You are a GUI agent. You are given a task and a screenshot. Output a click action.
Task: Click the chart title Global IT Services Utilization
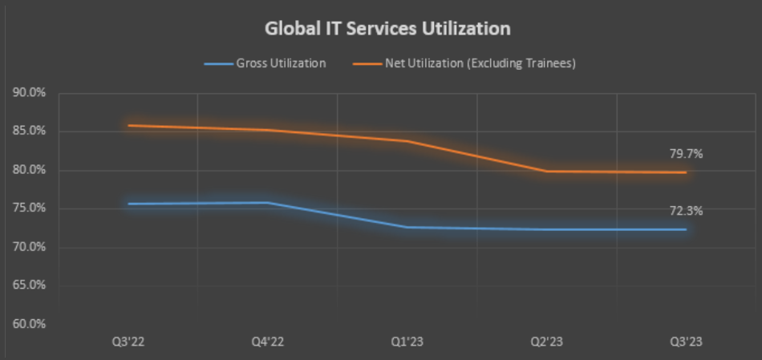[x=387, y=29]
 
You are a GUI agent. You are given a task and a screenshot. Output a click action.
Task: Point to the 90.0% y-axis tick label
[x=29, y=93]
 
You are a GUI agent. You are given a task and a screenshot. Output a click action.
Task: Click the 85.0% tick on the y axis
[x=29, y=131]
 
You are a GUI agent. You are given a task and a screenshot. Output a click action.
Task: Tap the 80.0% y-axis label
[x=29, y=170]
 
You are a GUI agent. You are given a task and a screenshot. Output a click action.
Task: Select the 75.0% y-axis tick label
[x=29, y=208]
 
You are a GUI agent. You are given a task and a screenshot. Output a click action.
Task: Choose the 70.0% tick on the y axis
[x=29, y=247]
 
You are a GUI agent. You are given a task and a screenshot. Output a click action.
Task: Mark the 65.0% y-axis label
[x=29, y=285]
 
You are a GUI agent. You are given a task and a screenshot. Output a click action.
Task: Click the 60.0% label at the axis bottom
[x=29, y=324]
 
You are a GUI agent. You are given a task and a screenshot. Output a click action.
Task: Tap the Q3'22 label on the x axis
[x=128, y=342]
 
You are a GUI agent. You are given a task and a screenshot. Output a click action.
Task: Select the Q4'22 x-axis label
[x=268, y=342]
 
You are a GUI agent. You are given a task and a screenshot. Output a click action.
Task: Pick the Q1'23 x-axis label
[x=407, y=342]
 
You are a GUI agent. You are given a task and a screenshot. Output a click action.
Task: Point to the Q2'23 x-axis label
[x=547, y=342]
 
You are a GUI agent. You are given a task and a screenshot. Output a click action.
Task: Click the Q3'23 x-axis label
[x=687, y=342]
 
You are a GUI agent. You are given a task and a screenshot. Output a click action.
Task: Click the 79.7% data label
[x=686, y=154]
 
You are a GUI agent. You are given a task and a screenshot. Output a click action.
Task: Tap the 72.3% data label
[x=686, y=211]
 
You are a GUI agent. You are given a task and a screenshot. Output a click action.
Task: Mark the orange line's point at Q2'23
[x=547, y=171]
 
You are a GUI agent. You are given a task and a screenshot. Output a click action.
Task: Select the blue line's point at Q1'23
[x=407, y=227]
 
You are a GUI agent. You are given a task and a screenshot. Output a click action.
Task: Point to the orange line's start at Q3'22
[x=128, y=126]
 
